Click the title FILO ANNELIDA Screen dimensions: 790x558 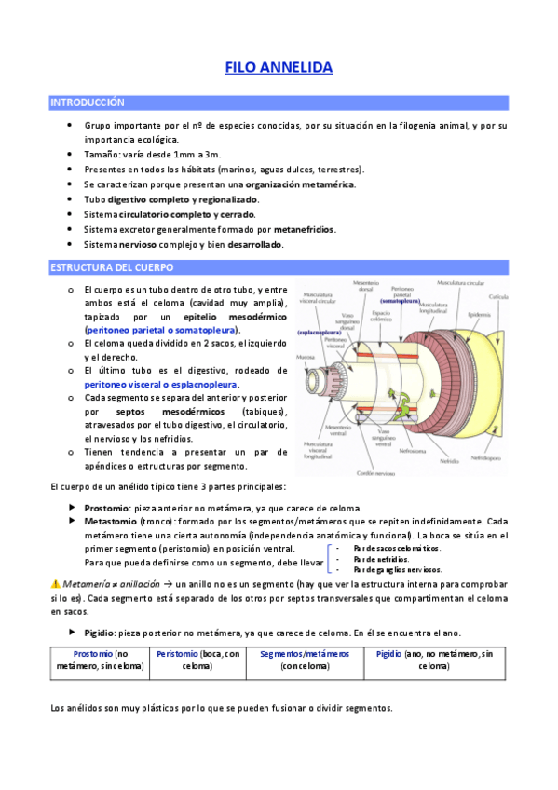[279, 68]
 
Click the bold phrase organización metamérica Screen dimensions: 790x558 [300, 184]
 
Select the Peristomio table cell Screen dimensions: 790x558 [197, 661]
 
